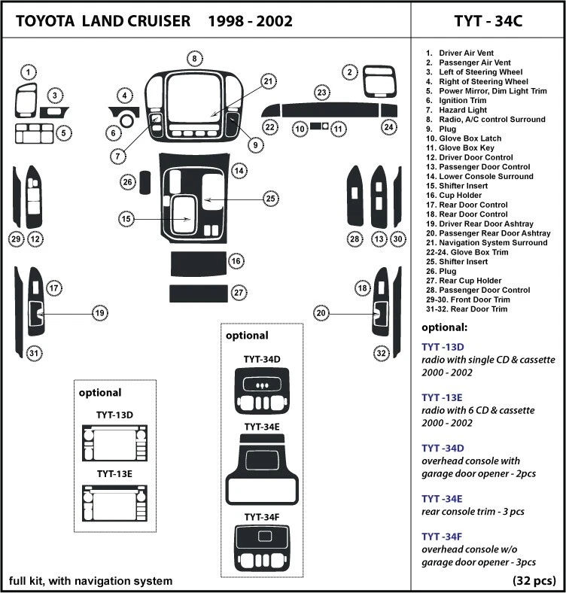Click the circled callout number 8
coord(194,59)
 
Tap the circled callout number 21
coord(269,81)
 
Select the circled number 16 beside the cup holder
coord(236,261)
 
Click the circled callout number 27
coord(238,292)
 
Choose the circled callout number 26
coord(128,182)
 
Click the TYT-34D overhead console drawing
coord(262,388)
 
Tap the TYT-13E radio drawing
coord(114,503)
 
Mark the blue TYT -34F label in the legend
coord(442,535)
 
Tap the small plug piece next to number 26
coord(146,182)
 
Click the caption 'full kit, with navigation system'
coord(90,580)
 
